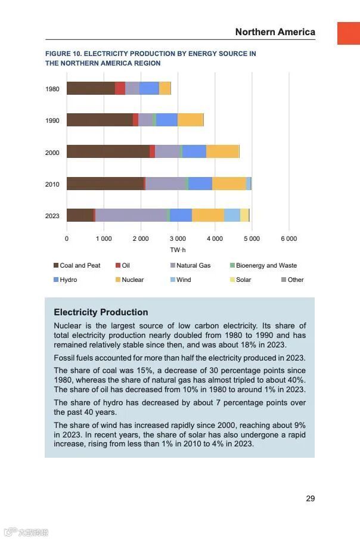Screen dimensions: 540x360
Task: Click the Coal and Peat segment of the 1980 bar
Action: click(x=91, y=88)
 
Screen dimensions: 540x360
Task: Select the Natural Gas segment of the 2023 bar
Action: click(x=131, y=215)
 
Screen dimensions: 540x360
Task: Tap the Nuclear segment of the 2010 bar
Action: click(x=229, y=184)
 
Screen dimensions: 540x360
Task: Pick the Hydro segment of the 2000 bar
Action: click(x=194, y=151)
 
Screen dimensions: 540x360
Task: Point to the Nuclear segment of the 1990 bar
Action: click(x=190, y=120)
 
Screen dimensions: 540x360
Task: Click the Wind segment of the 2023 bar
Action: click(x=232, y=215)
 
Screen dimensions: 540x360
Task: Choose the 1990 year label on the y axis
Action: click(x=52, y=120)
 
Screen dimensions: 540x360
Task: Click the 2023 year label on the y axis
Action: click(x=52, y=216)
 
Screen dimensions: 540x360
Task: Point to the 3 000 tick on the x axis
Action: click(x=178, y=238)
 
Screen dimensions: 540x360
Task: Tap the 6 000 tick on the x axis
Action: click(x=288, y=238)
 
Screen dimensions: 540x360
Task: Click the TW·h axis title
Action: click(x=178, y=250)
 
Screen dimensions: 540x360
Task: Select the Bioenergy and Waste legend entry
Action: click(x=266, y=265)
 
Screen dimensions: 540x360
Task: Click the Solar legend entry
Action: click(x=243, y=280)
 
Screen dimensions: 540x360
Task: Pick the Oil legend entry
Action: click(x=125, y=265)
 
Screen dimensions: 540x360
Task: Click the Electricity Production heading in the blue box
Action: click(x=101, y=312)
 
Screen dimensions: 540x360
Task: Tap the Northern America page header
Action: click(x=275, y=32)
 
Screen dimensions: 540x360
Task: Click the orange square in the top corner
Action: click(x=349, y=33)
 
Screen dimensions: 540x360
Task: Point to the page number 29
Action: click(x=310, y=498)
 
